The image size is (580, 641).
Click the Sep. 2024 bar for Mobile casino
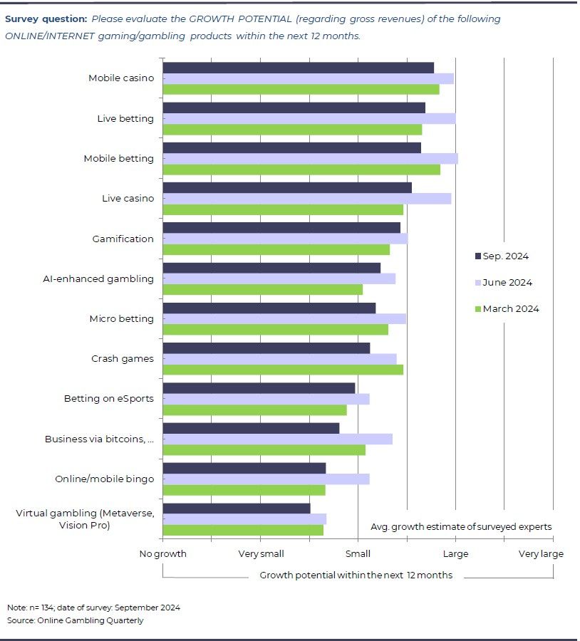[298, 68]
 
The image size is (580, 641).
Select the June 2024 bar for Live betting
[309, 118]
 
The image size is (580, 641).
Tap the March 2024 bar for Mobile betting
[301, 170]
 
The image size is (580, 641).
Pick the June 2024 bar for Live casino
[306, 199]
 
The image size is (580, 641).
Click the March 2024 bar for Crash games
[283, 369]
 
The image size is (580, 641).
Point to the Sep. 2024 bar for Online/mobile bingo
[244, 468]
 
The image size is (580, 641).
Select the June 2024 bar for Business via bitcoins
[277, 439]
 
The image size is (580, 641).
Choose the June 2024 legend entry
[503, 283]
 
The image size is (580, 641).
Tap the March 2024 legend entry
[507, 309]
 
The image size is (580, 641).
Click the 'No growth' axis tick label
[163, 554]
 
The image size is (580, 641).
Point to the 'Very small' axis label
[261, 554]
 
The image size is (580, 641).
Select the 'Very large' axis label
[541, 554]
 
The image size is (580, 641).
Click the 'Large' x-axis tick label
[456, 554]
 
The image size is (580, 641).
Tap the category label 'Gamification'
[123, 239]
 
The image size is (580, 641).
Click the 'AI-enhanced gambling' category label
[98, 278]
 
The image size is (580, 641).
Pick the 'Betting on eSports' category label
[108, 398]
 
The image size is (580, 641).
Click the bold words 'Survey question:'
[46, 19]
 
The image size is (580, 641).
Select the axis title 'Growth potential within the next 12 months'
[356, 575]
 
